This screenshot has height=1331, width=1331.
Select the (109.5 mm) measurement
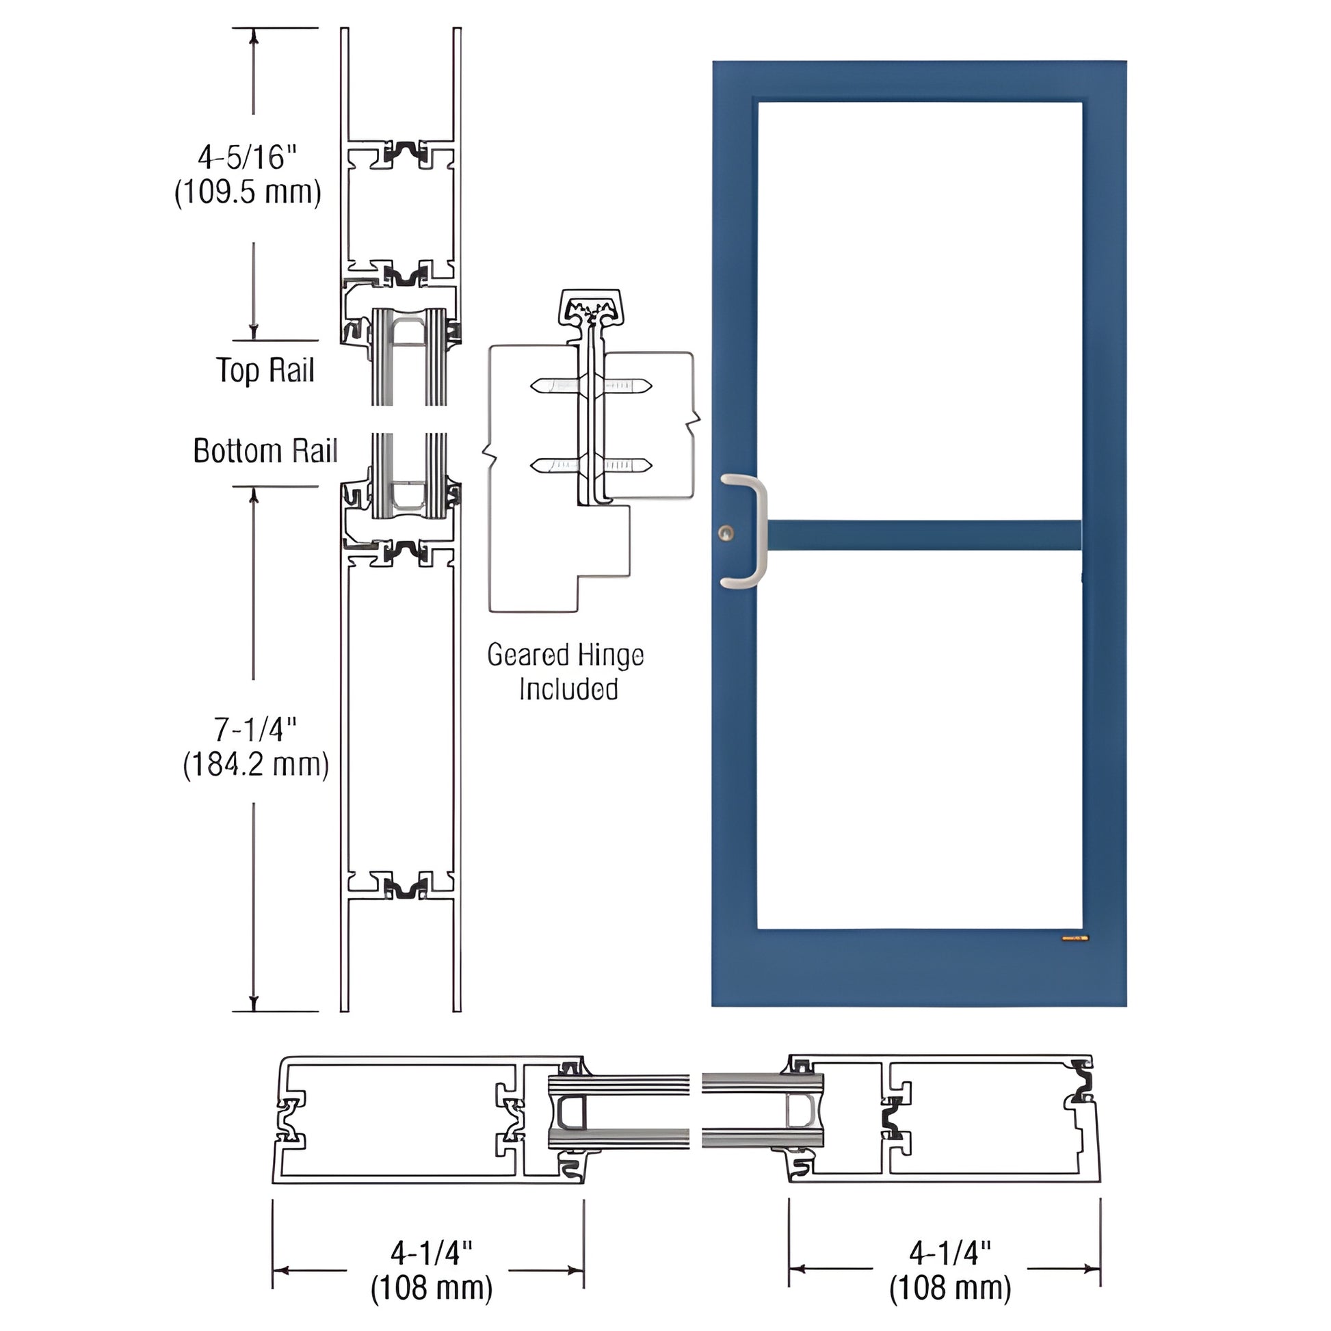tap(248, 192)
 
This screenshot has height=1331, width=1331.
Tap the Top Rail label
tap(265, 371)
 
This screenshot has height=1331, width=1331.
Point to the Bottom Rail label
tap(265, 451)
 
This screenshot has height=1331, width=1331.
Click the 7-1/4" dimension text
tap(255, 730)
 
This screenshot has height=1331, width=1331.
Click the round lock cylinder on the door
tap(726, 532)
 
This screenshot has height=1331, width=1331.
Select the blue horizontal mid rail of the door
tap(923, 536)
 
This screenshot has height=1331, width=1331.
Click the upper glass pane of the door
tap(920, 310)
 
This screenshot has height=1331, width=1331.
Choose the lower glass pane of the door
tap(920, 741)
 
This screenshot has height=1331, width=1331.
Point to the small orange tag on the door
tap(1075, 938)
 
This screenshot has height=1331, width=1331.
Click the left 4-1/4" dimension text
tap(432, 1253)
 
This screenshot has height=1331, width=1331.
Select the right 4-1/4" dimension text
tap(950, 1253)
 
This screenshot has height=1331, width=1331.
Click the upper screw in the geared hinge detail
tap(591, 386)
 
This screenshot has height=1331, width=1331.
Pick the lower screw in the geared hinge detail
tap(591, 466)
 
